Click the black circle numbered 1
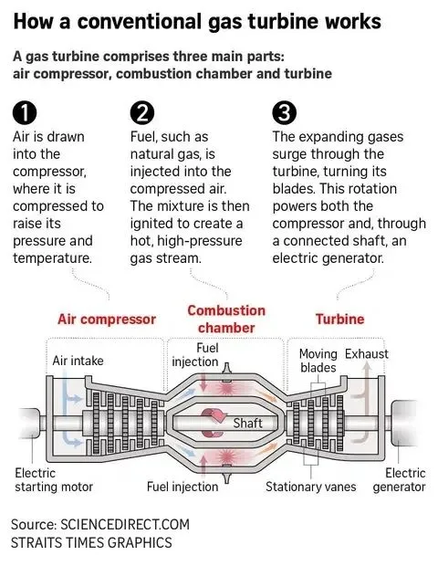coord(25,113)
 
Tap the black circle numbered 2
coord(142,113)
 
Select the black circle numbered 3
coord(285,113)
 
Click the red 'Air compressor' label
coord(107,320)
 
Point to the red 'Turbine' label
coord(339,320)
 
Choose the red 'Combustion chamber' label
coord(226,320)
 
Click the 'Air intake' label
coord(78,361)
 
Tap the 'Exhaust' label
coord(367,354)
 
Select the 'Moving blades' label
coord(318,361)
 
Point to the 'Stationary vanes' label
coord(311,487)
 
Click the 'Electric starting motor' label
coord(54,480)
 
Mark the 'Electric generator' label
coord(400,480)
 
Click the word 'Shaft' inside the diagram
coord(247,423)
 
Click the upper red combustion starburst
coord(226,388)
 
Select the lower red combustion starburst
coord(226,457)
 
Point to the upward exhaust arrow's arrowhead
coord(367,366)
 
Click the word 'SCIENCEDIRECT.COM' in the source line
coord(125,525)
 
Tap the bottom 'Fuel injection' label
coord(182,487)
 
